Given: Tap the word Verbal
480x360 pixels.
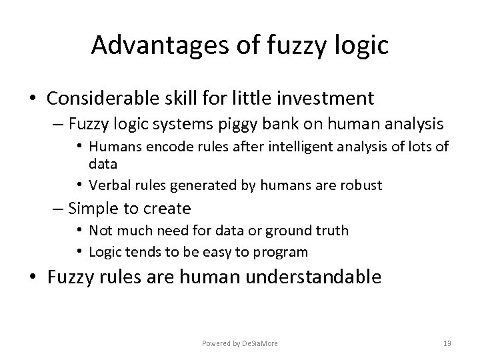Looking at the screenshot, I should point(109,185).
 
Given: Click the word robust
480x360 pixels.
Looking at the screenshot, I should point(360,185).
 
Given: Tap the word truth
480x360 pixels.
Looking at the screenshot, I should point(331,231).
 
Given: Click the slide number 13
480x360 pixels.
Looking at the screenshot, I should point(447,343).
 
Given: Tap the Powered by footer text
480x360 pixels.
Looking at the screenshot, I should point(240,343).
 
